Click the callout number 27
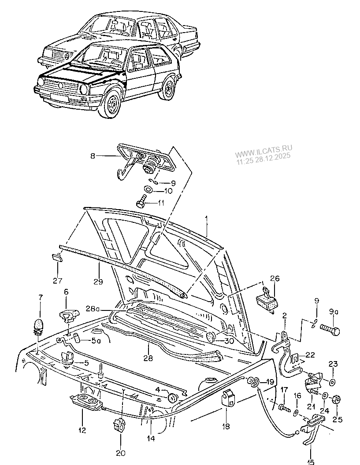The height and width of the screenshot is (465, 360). coord(58,280)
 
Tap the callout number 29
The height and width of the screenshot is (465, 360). coord(98,281)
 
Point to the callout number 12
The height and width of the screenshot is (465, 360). coord(82,429)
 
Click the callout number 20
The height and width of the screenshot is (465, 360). coord(120,452)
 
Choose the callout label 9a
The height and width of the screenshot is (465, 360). coord(333,312)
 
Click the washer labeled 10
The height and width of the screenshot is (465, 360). coord(148,189)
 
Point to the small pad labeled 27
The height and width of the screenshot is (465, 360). coord(57,258)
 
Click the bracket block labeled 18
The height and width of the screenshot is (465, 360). coord(228,398)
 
